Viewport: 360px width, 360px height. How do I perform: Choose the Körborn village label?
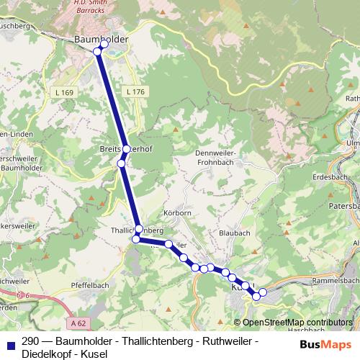177,213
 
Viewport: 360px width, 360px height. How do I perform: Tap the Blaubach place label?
233,234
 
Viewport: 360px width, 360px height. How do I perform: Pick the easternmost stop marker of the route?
263,292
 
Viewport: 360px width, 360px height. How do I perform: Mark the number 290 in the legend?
31,341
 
